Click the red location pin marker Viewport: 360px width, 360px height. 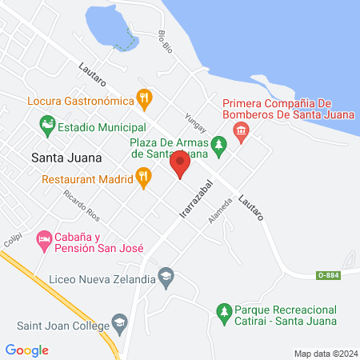[180, 166]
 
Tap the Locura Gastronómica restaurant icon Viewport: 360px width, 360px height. [145, 99]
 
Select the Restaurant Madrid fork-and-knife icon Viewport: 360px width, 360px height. [144, 177]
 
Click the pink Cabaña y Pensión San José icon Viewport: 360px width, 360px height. [42, 239]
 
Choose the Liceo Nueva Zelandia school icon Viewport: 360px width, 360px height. [166, 277]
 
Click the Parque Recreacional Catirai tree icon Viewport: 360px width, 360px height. [224, 310]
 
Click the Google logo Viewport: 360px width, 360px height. [26, 350]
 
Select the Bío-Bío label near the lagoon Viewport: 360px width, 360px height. [166, 42]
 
